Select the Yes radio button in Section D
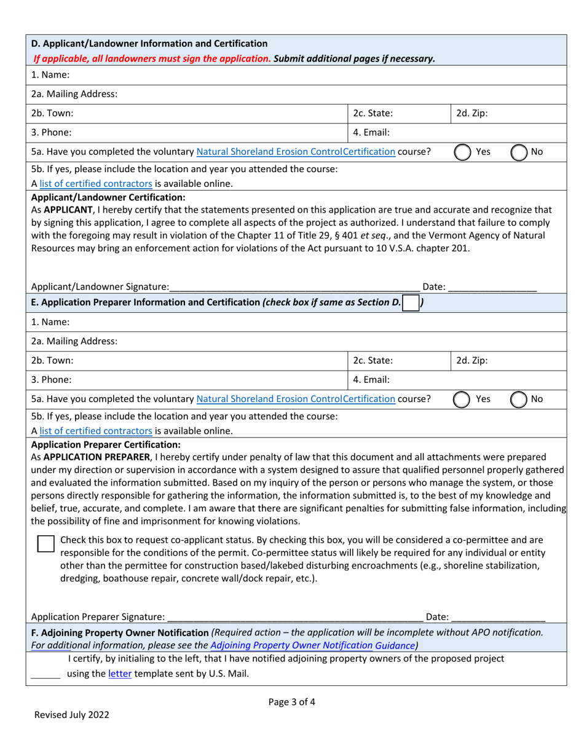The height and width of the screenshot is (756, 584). click(x=462, y=151)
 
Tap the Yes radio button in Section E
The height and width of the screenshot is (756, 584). click(x=462, y=399)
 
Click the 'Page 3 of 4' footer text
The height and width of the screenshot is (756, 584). click(x=292, y=701)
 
